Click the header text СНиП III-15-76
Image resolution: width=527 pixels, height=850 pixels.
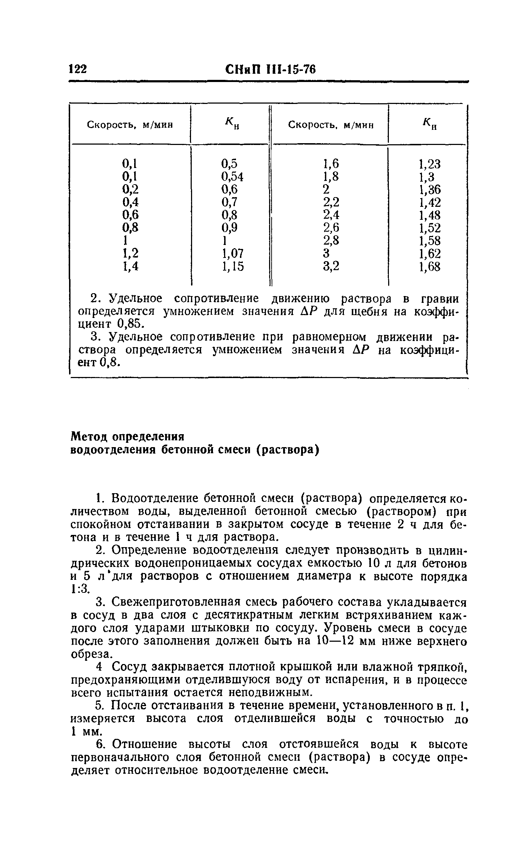[271, 69]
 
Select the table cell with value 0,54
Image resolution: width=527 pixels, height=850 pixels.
[232, 177]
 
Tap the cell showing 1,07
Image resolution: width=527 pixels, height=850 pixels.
[232, 254]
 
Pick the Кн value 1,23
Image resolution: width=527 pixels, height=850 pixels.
[430, 164]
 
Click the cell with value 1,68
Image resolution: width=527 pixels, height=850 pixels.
[430, 267]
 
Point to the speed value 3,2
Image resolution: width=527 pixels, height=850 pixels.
[331, 267]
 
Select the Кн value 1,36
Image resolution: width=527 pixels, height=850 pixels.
[430, 190]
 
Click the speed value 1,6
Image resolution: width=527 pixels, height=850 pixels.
[331, 164]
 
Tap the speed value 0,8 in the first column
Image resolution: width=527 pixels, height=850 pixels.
[131, 228]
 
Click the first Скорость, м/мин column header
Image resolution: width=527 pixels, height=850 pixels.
[130, 125]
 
